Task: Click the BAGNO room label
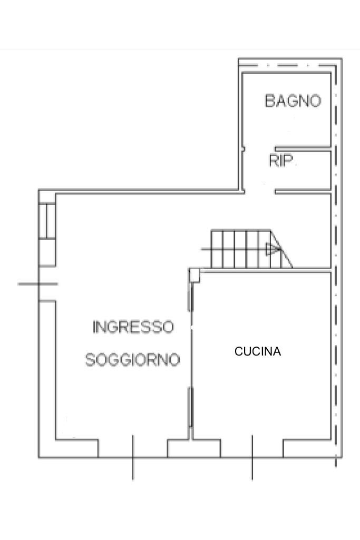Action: click(x=293, y=101)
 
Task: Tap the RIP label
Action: click(x=281, y=161)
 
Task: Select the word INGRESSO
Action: click(x=133, y=327)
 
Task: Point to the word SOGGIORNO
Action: click(x=133, y=360)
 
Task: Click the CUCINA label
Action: click(x=258, y=351)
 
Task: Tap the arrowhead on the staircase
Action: click(x=272, y=249)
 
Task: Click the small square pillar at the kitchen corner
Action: click(x=194, y=276)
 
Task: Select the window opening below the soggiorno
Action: click(x=133, y=448)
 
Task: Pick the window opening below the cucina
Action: click(x=252, y=448)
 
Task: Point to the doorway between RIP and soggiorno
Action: click(x=260, y=191)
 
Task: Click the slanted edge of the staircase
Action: click(x=281, y=249)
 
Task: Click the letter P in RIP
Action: click(x=288, y=161)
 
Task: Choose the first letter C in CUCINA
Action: click(x=238, y=351)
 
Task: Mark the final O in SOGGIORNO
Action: click(x=174, y=360)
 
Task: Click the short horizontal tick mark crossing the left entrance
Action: click(x=38, y=284)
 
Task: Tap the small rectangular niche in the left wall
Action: click(x=47, y=221)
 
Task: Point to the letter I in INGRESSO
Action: click(x=94, y=327)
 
